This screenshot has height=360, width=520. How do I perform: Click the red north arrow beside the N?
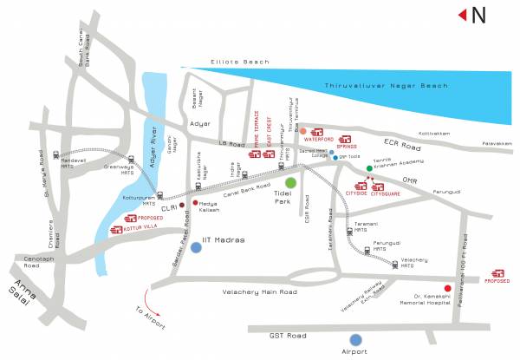pos(463,14)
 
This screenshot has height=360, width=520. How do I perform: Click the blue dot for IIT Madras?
pos(197,247)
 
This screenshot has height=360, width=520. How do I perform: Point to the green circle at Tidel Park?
pos(292,183)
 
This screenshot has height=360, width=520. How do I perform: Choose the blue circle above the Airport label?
pos(354,339)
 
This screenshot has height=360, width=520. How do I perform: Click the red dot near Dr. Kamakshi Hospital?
pos(448,288)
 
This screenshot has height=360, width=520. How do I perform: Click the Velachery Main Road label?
pos(260,292)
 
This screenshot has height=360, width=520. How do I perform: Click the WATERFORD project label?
pos(319,139)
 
